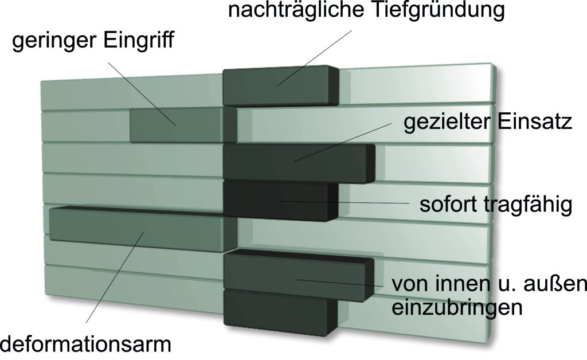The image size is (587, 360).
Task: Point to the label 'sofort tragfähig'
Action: click(496, 205)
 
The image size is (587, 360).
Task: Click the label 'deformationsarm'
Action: click(86, 345)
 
